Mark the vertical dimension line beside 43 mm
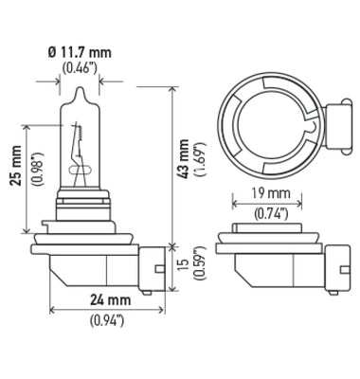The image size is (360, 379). [172, 161]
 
